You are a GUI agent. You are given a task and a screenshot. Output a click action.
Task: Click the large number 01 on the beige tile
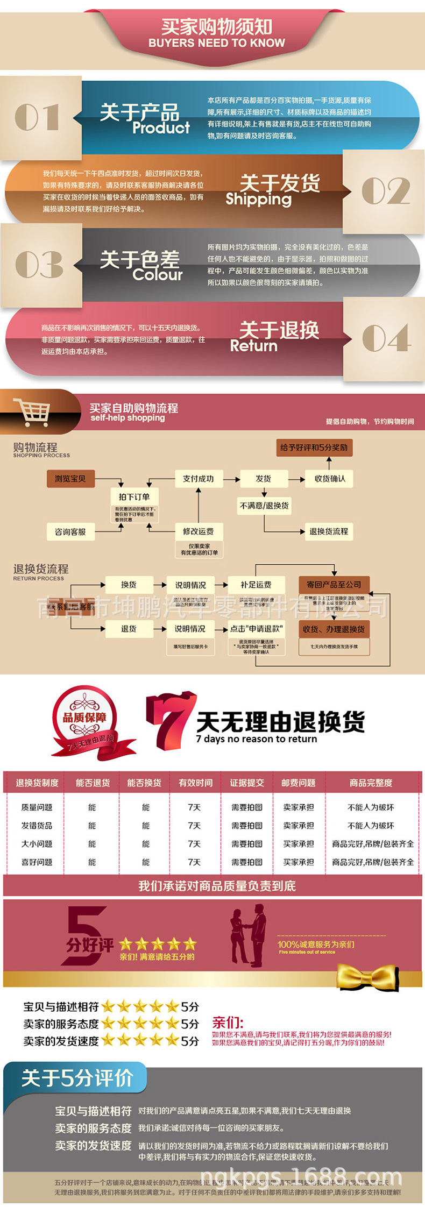click(37, 118)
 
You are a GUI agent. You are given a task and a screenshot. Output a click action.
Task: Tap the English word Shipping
click(258, 199)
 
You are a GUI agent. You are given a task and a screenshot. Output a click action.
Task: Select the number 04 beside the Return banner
click(386, 338)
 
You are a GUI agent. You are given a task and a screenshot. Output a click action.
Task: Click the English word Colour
click(158, 275)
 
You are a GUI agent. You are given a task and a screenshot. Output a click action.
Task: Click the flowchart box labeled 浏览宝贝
click(70, 478)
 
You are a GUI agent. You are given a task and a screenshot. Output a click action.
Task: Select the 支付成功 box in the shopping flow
click(198, 478)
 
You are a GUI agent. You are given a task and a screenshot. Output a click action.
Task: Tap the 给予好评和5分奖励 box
click(314, 448)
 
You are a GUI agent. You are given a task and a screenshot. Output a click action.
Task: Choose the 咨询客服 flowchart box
click(70, 531)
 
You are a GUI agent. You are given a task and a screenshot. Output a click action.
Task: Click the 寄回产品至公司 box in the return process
click(334, 585)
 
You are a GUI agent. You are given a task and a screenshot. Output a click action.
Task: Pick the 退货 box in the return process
click(129, 628)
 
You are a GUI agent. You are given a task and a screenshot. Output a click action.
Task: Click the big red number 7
click(168, 720)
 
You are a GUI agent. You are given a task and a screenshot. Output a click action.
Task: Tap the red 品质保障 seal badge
click(85, 718)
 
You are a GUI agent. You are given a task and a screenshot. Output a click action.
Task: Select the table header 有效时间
click(195, 783)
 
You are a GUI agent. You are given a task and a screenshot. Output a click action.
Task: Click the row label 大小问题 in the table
click(37, 843)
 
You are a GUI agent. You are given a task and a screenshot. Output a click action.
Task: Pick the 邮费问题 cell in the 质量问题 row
click(299, 807)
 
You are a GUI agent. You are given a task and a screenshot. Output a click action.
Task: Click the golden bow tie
click(369, 976)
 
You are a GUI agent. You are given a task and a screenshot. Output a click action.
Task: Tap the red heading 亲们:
click(228, 1022)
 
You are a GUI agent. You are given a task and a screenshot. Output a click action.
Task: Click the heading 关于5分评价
click(77, 1077)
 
